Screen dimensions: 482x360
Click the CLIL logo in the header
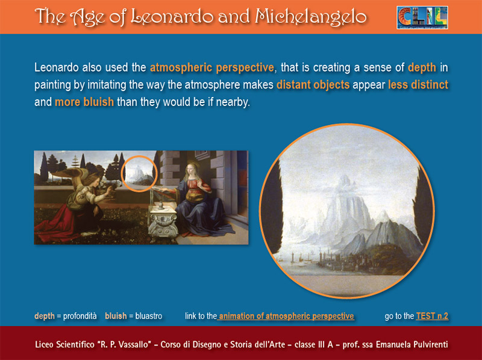pos(422,17)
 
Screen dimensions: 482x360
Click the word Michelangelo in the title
pos(311,16)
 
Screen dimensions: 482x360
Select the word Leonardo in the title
pos(172,17)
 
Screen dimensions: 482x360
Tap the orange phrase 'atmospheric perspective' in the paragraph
pos(212,67)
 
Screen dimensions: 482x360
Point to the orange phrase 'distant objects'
pos(313,84)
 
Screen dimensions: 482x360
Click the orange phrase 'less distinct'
pos(418,84)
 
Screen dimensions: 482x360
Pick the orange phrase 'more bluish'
pos(84,102)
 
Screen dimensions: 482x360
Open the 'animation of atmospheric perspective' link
pos(286,316)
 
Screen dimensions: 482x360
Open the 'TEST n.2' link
pos(432,316)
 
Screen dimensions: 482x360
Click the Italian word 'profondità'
pos(80,316)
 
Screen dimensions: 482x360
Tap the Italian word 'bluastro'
pos(148,316)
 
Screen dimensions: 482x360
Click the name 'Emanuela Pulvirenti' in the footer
pos(412,344)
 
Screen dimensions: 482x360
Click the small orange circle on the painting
pos(139,157)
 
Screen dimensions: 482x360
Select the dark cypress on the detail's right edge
pos(423,209)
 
